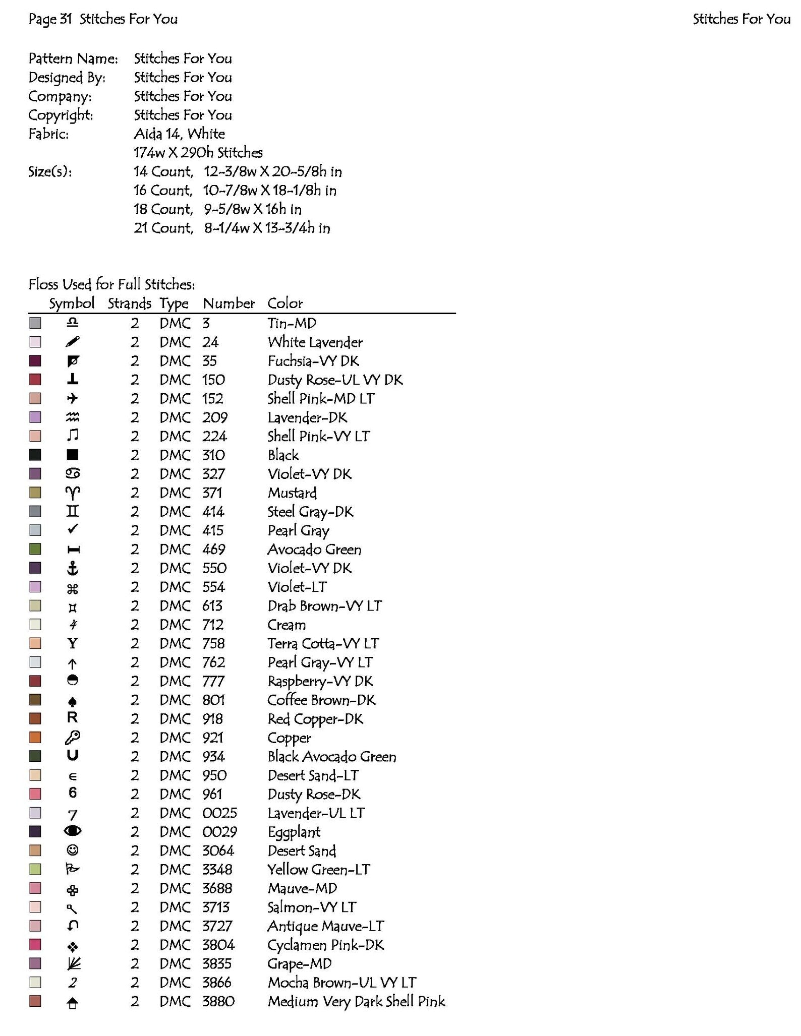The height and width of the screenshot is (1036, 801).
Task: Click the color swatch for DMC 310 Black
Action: click(x=35, y=455)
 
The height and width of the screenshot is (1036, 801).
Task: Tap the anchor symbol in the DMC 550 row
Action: click(x=73, y=568)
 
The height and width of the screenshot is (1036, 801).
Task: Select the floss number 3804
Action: click(x=218, y=945)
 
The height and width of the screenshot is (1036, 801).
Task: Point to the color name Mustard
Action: click(x=292, y=493)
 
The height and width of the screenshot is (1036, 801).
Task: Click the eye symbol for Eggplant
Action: click(x=73, y=831)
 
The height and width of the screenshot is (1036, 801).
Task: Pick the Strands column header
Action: click(x=129, y=303)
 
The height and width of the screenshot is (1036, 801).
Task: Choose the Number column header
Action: click(x=228, y=303)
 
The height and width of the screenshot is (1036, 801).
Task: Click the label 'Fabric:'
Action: click(x=48, y=134)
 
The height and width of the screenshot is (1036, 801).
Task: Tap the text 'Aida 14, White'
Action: click(x=179, y=134)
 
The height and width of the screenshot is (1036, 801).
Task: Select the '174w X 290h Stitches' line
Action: click(x=198, y=152)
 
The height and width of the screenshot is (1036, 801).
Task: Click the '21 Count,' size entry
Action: click(x=163, y=228)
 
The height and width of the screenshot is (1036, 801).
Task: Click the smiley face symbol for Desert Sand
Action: click(x=73, y=850)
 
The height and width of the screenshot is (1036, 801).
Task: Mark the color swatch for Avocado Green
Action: click(x=35, y=549)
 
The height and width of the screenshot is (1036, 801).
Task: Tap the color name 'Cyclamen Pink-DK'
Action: click(x=325, y=945)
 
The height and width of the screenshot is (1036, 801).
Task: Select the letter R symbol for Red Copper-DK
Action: click(x=73, y=718)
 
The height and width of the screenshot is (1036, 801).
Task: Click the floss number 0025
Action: click(x=219, y=813)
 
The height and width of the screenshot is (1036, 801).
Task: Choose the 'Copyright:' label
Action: click(x=61, y=115)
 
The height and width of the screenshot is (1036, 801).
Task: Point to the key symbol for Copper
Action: click(x=73, y=738)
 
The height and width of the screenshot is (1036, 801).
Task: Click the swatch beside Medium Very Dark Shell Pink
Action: click(x=35, y=1001)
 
